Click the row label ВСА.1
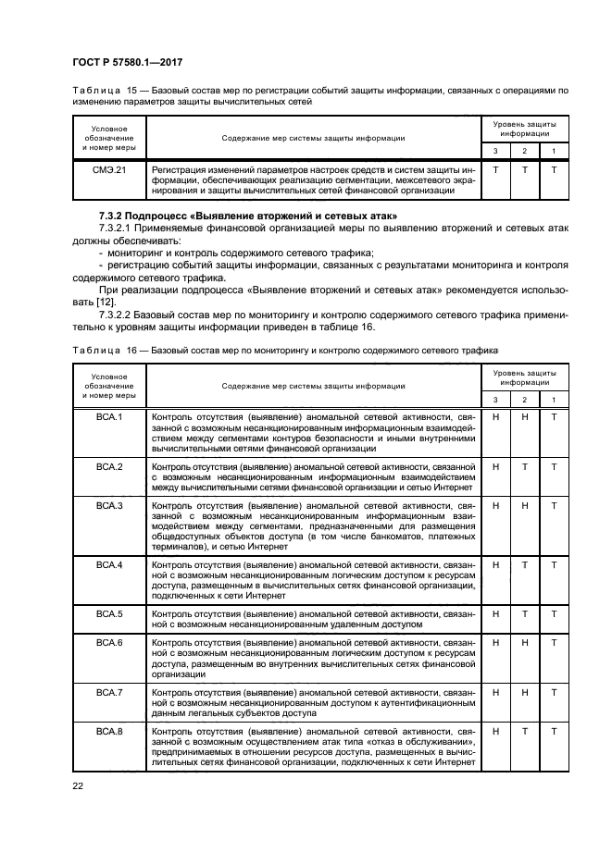pos(110,416)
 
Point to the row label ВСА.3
pos(110,506)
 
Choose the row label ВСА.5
pos(110,613)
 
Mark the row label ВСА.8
pos(110,731)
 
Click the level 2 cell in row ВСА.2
pos(524,467)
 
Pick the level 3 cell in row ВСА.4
pos(495,564)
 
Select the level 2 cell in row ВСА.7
pos(524,692)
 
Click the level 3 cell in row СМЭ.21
pos(495,170)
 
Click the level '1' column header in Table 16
pos(554,399)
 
